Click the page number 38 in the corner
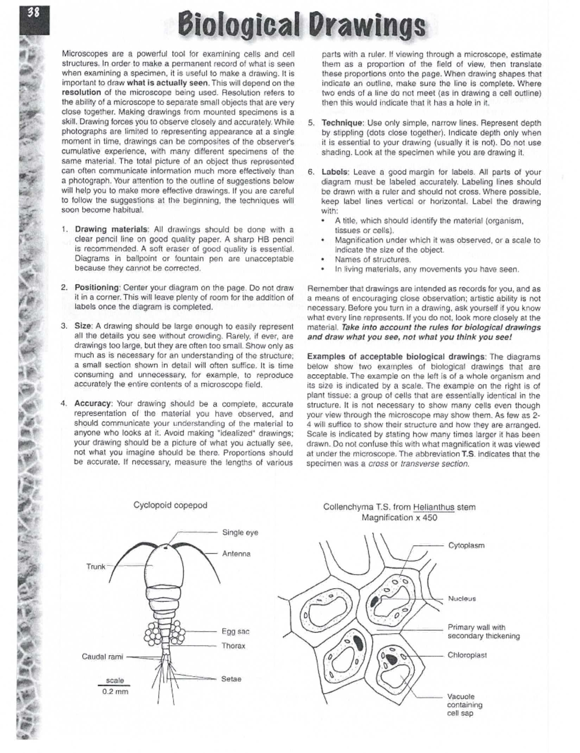(x=32, y=13)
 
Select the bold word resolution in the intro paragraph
(x=81, y=92)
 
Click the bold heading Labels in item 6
(x=335, y=172)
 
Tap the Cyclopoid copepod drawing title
(x=170, y=505)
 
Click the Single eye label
(x=240, y=532)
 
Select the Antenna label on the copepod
(x=236, y=554)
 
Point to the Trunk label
(x=96, y=566)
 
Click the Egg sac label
(x=235, y=631)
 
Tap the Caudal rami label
(x=102, y=656)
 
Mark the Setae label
(x=231, y=679)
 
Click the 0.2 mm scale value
(x=115, y=692)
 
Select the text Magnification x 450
(x=399, y=518)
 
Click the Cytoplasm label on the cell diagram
(x=466, y=545)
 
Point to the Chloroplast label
(x=467, y=655)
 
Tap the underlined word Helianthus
(x=434, y=507)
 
